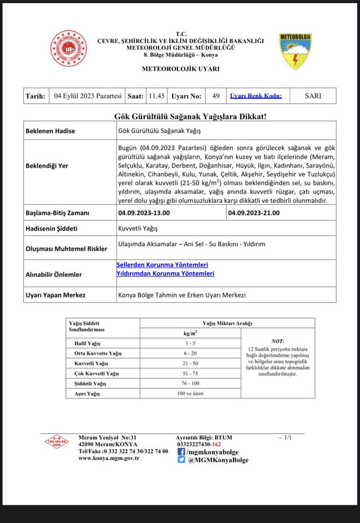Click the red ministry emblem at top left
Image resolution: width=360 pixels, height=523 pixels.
click(68, 49)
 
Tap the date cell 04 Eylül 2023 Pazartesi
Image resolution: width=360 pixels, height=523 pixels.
click(88, 96)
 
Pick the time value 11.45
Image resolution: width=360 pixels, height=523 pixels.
click(156, 96)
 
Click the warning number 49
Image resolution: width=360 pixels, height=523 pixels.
click(216, 96)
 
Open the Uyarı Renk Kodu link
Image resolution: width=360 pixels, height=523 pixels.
click(252, 96)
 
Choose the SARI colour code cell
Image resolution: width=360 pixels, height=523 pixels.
click(313, 96)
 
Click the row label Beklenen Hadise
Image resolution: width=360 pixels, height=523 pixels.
click(50, 131)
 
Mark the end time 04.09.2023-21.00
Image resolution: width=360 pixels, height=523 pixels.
click(254, 213)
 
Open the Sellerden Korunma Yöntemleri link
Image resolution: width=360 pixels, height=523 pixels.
click(162, 265)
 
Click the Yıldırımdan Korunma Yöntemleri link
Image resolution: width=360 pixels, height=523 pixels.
click(165, 274)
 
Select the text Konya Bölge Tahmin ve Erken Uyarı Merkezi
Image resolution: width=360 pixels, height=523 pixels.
click(182, 295)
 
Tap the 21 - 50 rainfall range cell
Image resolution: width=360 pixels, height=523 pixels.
click(190, 363)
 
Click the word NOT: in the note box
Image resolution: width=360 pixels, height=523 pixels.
click(278, 341)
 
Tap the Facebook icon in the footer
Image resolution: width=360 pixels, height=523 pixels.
click(181, 451)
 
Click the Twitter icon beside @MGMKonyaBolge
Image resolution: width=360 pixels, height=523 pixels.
click(181, 460)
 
